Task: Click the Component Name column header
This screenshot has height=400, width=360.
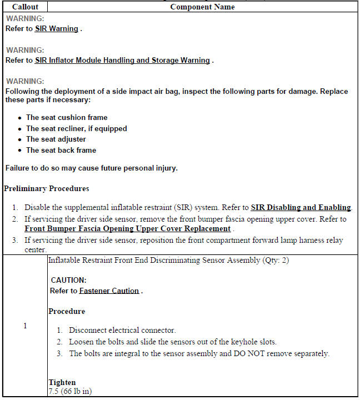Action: (x=202, y=7)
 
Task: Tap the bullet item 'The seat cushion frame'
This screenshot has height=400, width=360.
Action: (x=67, y=118)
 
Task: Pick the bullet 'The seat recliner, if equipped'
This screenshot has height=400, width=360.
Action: (x=76, y=129)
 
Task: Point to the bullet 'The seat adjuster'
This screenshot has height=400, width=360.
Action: (x=56, y=139)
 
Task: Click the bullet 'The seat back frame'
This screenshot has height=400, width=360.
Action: (x=61, y=151)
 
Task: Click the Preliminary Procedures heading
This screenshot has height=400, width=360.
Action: (x=46, y=189)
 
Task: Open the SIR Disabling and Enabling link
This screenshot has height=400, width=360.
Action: (x=301, y=208)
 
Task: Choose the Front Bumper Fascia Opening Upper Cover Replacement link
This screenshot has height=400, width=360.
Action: (x=127, y=229)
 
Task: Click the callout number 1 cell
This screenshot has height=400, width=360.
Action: (x=24, y=326)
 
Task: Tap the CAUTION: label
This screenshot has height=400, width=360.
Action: (x=68, y=281)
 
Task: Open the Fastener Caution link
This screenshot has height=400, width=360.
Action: (x=109, y=291)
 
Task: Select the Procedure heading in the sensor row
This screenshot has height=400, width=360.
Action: (x=66, y=312)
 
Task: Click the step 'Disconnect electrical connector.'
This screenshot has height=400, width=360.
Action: (x=122, y=330)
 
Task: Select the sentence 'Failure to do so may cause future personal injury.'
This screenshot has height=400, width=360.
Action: (x=91, y=168)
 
